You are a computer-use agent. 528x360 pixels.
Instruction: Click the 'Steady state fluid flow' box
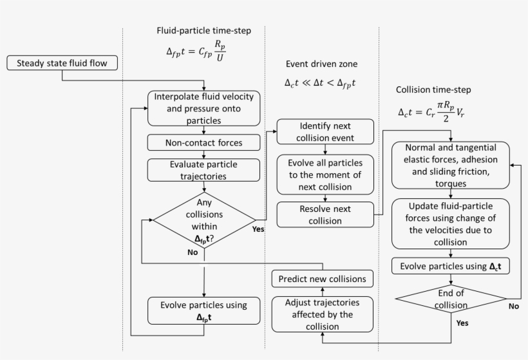click(62, 63)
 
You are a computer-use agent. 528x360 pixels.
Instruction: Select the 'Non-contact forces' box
click(203, 142)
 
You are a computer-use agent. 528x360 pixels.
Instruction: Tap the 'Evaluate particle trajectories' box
click(203, 170)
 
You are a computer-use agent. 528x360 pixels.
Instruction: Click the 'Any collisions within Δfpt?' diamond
click(204, 220)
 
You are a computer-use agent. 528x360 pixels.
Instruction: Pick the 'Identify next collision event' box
click(325, 131)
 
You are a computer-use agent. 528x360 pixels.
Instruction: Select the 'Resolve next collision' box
click(325, 214)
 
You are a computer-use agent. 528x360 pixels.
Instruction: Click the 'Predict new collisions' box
click(322, 279)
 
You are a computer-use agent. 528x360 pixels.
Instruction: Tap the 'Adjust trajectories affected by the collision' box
click(322, 314)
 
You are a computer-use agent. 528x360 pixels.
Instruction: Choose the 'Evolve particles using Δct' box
click(451, 266)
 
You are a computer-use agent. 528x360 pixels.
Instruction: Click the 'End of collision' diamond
click(451, 299)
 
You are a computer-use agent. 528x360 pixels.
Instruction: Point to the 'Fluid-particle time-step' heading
click(203, 31)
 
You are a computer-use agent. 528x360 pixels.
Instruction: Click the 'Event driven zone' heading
click(321, 64)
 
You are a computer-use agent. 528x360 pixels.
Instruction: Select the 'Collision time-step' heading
click(433, 90)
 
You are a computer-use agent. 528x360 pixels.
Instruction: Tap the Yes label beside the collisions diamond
click(258, 229)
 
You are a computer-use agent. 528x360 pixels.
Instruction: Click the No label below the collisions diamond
click(193, 252)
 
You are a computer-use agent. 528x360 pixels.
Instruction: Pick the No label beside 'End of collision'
click(514, 306)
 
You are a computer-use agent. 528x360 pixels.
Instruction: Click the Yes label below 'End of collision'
click(462, 323)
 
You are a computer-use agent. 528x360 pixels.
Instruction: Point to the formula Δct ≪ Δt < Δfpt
click(320, 83)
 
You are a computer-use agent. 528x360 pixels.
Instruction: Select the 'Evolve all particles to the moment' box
click(325, 175)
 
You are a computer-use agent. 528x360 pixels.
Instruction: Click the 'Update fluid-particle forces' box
click(451, 224)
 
